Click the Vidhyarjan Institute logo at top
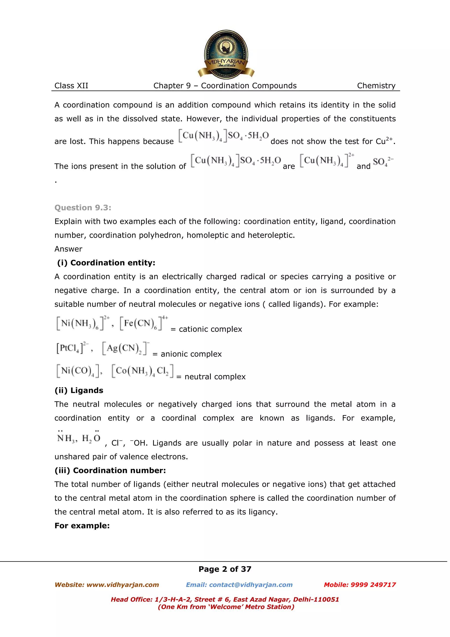click(x=226, y=54)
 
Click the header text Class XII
click(x=71, y=86)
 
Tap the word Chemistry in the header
click(x=376, y=86)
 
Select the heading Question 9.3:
click(x=83, y=207)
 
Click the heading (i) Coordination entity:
click(x=106, y=263)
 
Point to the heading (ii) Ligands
click(x=79, y=390)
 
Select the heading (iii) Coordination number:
click(x=110, y=471)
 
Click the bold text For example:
click(x=82, y=526)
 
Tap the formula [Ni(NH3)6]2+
click(x=83, y=323)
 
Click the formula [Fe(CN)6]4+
click(x=143, y=323)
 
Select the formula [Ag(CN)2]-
click(x=125, y=348)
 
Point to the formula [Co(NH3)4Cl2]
click(x=142, y=371)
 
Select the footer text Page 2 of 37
click(x=225, y=569)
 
